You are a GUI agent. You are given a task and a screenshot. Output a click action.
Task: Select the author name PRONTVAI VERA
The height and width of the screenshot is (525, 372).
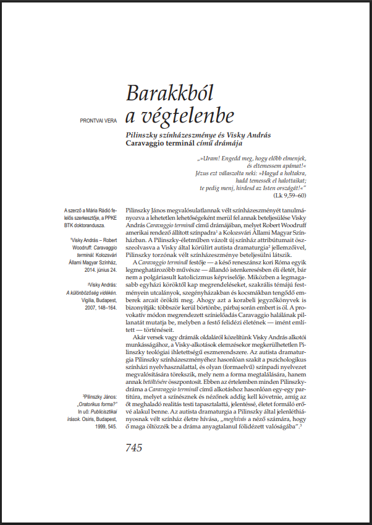click(99, 120)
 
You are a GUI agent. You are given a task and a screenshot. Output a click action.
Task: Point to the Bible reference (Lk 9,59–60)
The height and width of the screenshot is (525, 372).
click(294, 195)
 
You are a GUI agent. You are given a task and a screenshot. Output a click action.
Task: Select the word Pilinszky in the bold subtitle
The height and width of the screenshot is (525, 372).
click(143, 134)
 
